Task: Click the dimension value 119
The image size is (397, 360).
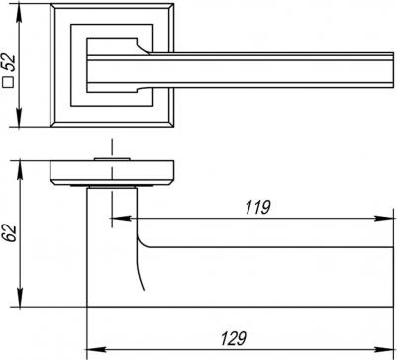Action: coord(257,208)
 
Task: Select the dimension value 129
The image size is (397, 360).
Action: coord(234,338)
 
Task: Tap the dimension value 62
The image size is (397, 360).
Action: coord(11,233)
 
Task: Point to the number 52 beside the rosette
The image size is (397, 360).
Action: coord(9,63)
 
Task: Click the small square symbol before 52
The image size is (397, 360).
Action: coord(10,83)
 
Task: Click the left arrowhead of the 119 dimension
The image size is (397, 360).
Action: coord(120,219)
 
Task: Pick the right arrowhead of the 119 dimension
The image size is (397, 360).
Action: coord(384,219)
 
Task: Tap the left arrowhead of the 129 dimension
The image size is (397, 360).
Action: coord(96,349)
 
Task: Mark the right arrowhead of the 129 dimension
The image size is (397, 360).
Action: coord(384,349)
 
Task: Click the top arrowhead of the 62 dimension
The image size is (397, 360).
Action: coord(20,169)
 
